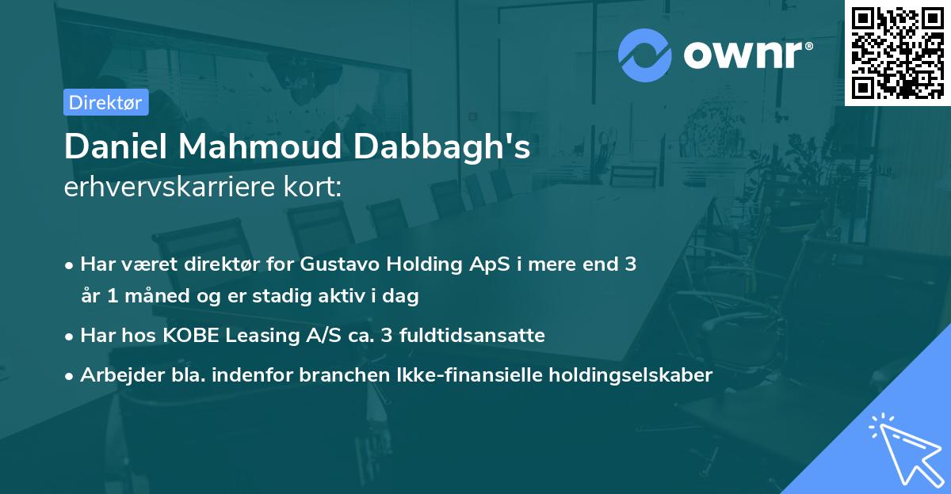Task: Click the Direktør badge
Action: tap(105, 102)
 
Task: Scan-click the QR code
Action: tap(897, 52)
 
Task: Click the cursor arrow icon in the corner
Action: tap(903, 447)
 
